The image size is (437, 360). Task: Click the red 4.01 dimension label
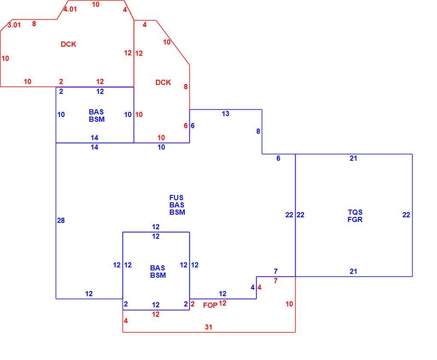click(70, 9)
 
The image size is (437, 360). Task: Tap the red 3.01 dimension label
click(14, 25)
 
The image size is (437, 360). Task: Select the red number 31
click(209, 327)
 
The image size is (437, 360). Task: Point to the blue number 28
click(61, 221)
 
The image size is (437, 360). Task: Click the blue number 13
click(225, 114)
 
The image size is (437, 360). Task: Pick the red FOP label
click(210, 305)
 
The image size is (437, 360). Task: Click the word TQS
click(355, 212)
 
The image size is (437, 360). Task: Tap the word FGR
click(355, 219)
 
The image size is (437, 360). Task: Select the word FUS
click(177, 198)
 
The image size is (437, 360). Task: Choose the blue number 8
click(258, 131)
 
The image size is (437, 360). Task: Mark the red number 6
click(186, 126)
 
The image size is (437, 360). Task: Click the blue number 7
click(275, 271)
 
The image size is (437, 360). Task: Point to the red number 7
click(275, 281)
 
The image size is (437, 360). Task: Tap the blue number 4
click(252, 288)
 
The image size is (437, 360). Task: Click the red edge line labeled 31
click(209, 332)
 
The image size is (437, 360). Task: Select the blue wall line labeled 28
click(56, 221)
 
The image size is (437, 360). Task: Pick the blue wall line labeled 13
click(226, 110)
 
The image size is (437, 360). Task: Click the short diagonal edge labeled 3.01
click(6, 25)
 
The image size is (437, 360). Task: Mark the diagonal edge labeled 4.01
click(63, 10)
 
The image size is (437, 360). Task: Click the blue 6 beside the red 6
click(193, 126)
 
